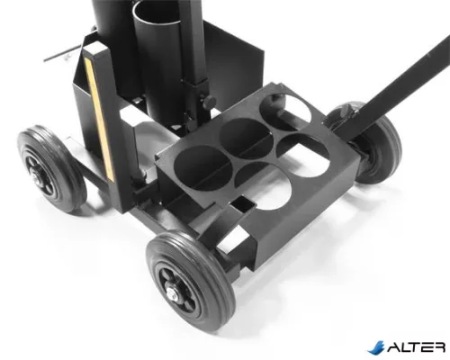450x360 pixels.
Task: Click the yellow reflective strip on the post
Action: click(x=99, y=120)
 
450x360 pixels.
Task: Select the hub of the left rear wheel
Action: click(x=38, y=177)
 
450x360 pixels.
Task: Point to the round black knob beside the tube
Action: click(x=209, y=102)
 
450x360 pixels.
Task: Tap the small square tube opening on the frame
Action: click(x=243, y=204)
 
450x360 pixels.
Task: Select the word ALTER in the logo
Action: click(x=417, y=346)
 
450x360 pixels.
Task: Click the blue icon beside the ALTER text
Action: click(x=376, y=347)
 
